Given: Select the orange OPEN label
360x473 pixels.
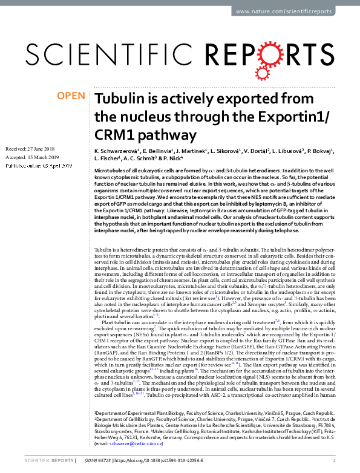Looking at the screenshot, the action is (70, 96).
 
